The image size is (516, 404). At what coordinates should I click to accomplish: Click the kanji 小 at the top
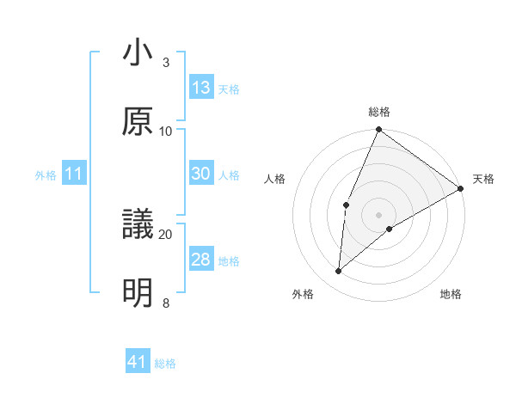[138, 54]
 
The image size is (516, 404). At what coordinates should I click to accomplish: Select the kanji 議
[138, 225]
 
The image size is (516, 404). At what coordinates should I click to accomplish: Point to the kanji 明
[138, 293]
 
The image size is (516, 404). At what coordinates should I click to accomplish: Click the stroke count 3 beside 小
[166, 63]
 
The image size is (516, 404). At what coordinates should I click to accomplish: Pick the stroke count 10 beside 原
[166, 131]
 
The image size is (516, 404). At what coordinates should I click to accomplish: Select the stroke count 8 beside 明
[166, 303]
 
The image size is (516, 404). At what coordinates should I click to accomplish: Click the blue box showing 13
[201, 88]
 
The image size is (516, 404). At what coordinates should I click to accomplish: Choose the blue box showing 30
[201, 174]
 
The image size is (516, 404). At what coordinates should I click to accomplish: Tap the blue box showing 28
[201, 260]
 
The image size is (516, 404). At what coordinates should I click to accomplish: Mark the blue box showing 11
[74, 174]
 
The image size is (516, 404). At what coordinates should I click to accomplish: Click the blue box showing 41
[138, 363]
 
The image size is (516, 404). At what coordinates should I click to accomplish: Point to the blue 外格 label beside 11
[46, 175]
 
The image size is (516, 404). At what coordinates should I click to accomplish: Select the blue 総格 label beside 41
[165, 364]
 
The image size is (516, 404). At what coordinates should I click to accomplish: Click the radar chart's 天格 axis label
[483, 179]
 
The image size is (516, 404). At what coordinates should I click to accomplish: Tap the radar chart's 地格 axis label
[451, 295]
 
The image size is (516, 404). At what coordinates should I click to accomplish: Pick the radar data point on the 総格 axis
[378, 130]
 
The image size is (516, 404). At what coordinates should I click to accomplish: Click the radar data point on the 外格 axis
[339, 272]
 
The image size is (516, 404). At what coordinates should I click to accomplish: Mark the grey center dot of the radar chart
[378, 214]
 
